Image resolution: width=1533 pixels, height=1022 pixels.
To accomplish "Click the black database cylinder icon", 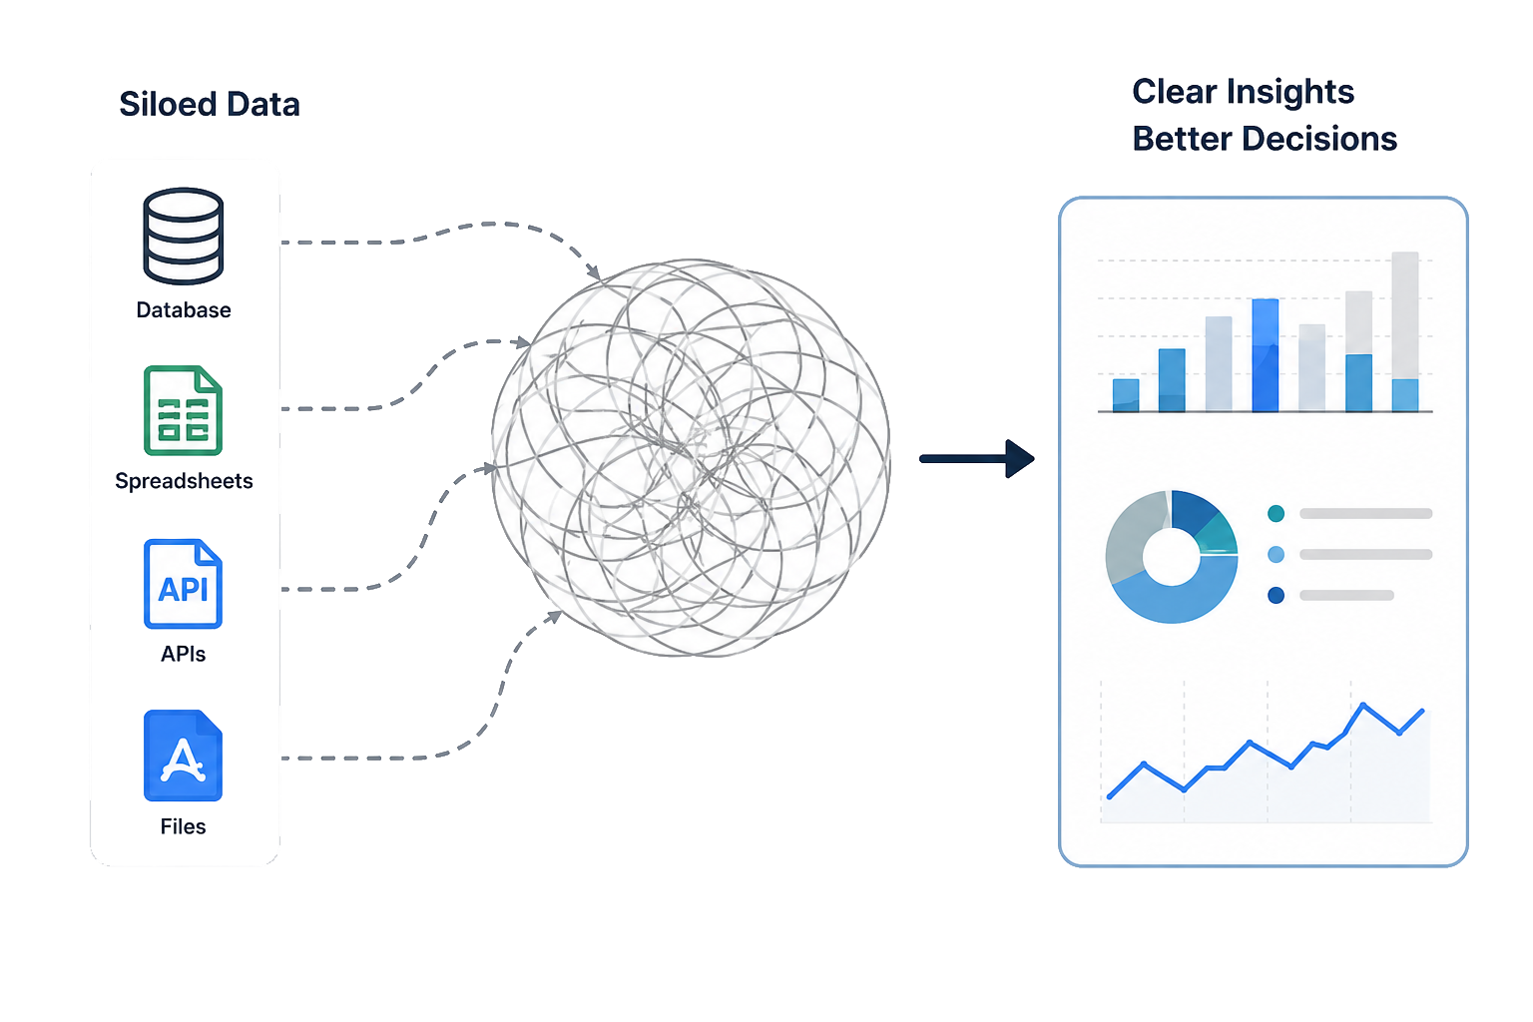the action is click(x=183, y=236).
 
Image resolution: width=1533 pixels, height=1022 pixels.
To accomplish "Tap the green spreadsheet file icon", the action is click(x=183, y=411).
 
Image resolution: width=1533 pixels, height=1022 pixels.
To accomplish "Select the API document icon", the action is click(x=183, y=584).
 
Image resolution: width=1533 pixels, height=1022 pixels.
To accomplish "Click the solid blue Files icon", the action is click(x=183, y=756).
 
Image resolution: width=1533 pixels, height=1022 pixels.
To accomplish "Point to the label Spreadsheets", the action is click(x=184, y=481).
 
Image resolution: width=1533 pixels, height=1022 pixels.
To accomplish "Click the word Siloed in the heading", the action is click(x=168, y=104).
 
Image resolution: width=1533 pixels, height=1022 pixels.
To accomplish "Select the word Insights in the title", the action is click(x=1290, y=93).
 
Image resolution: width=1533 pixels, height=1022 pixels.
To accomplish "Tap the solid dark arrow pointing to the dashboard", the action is click(x=977, y=459).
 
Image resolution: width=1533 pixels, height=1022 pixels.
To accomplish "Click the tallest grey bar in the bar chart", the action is click(x=1405, y=315).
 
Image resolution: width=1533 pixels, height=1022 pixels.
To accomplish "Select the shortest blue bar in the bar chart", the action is click(x=1126, y=395).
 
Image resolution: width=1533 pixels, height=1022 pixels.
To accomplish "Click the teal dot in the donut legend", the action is click(x=1276, y=513).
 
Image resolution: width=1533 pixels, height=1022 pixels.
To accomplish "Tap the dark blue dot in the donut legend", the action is click(x=1276, y=595).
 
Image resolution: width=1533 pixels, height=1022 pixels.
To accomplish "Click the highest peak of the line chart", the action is click(x=1362, y=704).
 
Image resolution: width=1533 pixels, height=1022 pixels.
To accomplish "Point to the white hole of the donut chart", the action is click(x=1171, y=557).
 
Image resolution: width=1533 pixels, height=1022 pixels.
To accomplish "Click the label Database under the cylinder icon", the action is click(x=184, y=310).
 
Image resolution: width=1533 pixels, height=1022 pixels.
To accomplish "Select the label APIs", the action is click(x=183, y=654).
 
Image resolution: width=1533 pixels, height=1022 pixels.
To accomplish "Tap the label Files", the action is click(x=183, y=826).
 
